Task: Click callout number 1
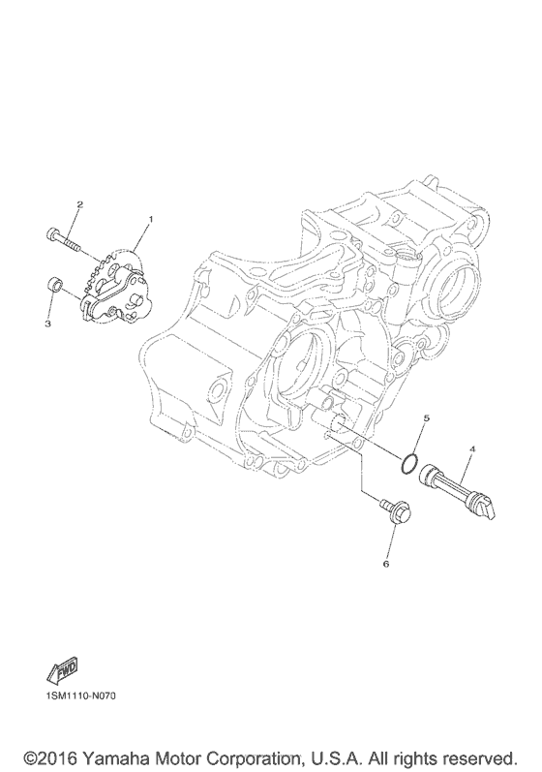[151, 219]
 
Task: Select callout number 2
[79, 203]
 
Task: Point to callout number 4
[472, 449]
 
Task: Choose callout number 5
[427, 418]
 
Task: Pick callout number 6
[385, 564]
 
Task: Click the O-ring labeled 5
[409, 465]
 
